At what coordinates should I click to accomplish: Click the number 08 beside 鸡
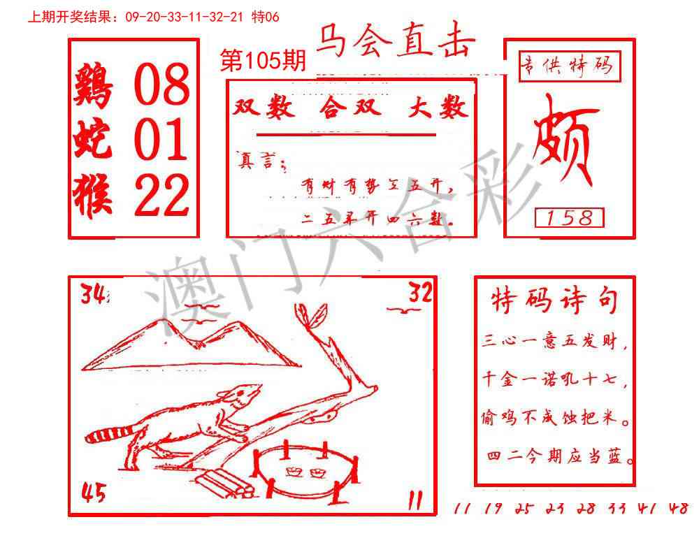161,84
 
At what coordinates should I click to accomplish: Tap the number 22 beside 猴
161,195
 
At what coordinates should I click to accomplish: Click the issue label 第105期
263,61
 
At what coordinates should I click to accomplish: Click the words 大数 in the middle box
438,108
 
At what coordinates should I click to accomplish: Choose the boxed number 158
568,218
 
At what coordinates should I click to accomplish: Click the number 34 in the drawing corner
94,296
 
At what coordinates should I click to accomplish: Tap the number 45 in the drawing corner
94,494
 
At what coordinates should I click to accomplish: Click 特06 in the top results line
266,17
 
